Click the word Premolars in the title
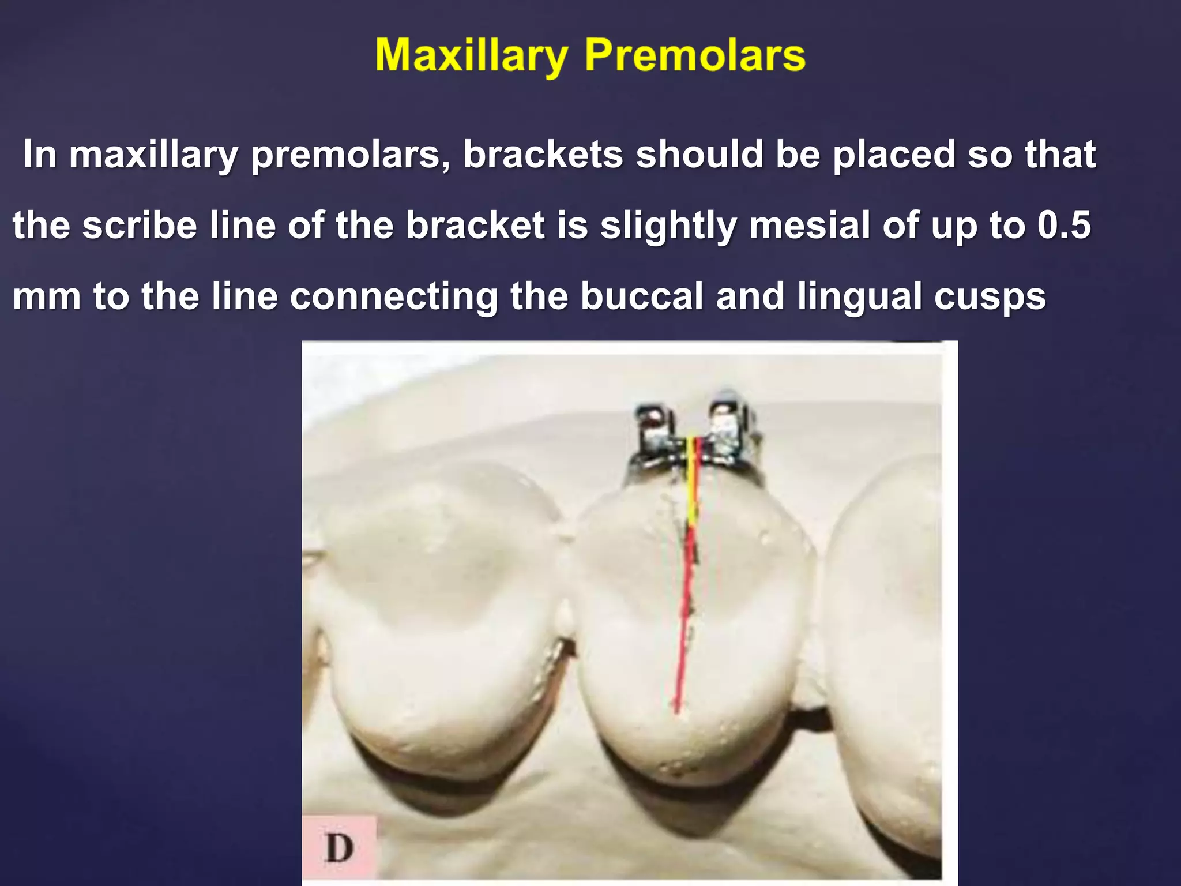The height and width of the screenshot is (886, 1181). (x=695, y=56)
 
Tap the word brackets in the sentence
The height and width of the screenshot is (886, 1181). (x=543, y=155)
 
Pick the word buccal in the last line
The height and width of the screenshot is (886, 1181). (x=642, y=296)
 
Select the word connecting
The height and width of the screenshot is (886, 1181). (x=394, y=296)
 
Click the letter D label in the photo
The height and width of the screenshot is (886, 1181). (x=339, y=849)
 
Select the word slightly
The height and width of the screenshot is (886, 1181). (x=669, y=225)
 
